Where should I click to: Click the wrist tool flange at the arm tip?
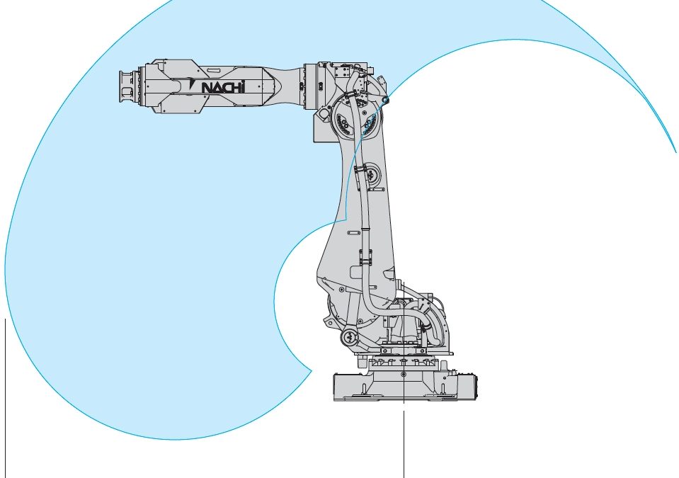click(127, 87)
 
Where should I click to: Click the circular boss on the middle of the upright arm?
click(370, 174)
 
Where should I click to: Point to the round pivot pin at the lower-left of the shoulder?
click(349, 337)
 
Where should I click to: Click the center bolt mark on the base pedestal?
click(404, 374)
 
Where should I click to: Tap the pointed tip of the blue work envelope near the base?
click(312, 370)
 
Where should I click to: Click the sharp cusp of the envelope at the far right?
click(676, 152)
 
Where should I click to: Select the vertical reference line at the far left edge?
click(5, 398)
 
